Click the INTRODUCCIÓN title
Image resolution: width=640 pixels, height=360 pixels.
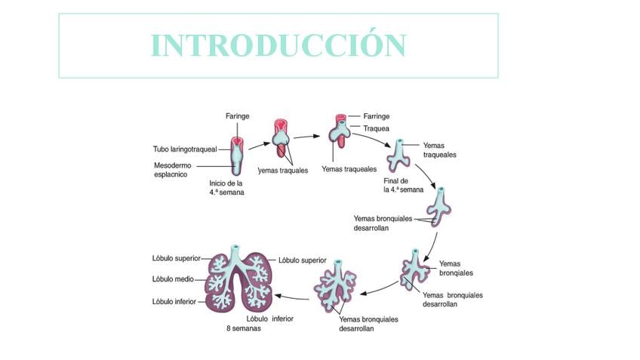click(x=278, y=45)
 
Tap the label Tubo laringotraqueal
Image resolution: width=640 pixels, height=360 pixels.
click(x=185, y=149)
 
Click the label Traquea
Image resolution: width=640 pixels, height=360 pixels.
click(x=376, y=129)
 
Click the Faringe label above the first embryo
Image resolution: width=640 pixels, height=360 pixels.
click(x=237, y=115)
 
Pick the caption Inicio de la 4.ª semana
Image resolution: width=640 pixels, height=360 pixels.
click(x=226, y=187)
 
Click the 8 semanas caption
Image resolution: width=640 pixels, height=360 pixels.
click(x=243, y=328)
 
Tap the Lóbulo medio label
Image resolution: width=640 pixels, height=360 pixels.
click(x=173, y=279)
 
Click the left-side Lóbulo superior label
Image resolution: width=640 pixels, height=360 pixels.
click(x=177, y=258)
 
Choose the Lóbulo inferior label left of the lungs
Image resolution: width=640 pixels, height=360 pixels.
click(x=174, y=302)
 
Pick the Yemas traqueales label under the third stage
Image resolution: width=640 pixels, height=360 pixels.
click(x=349, y=170)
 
